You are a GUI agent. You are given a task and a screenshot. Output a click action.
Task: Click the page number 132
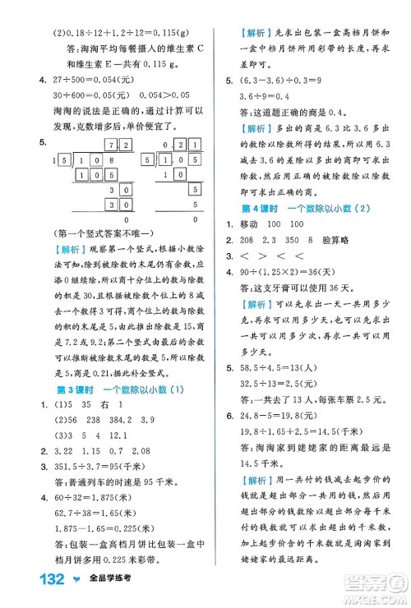(37, 583)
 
